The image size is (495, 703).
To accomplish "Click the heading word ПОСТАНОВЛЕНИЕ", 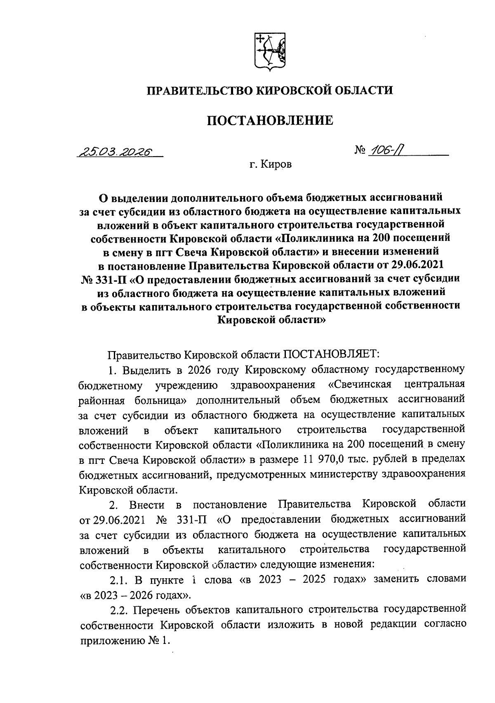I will (x=269, y=121).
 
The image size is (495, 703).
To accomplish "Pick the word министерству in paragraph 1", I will (x=335, y=474).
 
